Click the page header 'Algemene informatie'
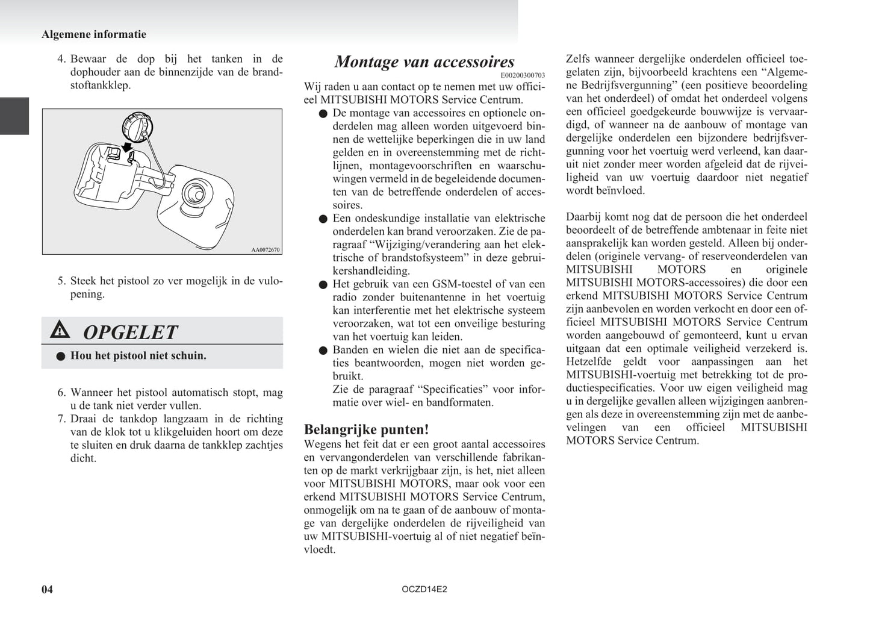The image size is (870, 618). pyautogui.click(x=94, y=34)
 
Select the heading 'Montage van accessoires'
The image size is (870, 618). pyautogui.click(x=424, y=61)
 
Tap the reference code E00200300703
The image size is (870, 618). pyautogui.click(x=523, y=75)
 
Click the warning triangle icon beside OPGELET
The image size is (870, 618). pyautogui.click(x=60, y=330)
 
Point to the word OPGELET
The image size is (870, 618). pyautogui.click(x=130, y=332)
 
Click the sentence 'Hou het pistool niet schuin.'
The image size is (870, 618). pyautogui.click(x=138, y=356)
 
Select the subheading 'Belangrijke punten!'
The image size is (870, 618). pyautogui.click(x=366, y=429)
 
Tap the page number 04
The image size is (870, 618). pyautogui.click(x=47, y=589)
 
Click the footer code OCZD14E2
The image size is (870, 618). pyautogui.click(x=424, y=589)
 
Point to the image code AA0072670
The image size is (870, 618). pyautogui.click(x=266, y=249)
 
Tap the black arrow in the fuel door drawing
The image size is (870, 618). pyautogui.click(x=127, y=148)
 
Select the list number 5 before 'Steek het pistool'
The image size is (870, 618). pyautogui.click(x=61, y=281)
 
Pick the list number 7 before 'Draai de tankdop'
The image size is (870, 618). pyautogui.click(x=61, y=419)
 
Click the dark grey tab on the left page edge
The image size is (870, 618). pyautogui.click(x=14, y=116)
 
